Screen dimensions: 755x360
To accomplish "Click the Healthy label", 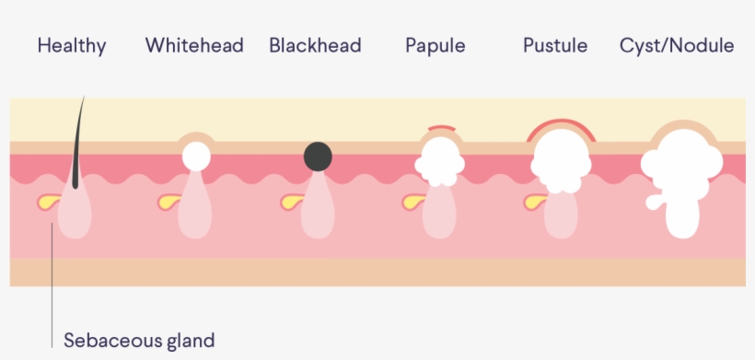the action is click(72, 45).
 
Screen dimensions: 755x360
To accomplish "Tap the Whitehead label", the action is click(194, 45).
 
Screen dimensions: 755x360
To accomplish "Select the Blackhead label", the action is click(315, 45).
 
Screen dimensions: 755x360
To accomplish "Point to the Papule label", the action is click(436, 45).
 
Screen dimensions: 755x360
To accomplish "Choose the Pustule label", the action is click(555, 45).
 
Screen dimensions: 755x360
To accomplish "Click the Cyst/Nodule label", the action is click(677, 45).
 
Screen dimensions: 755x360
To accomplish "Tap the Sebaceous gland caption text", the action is click(139, 341).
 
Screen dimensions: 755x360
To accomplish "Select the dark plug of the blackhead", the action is click(319, 157).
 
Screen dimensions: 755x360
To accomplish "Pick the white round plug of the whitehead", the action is click(195, 156).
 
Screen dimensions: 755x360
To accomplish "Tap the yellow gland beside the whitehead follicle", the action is click(169, 201).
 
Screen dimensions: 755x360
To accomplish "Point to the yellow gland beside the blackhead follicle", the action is click(291, 201).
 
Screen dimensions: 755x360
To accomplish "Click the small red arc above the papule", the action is click(440, 127).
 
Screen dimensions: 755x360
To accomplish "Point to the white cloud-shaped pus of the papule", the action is click(439, 161).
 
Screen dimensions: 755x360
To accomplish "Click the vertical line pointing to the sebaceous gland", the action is click(52, 276).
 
